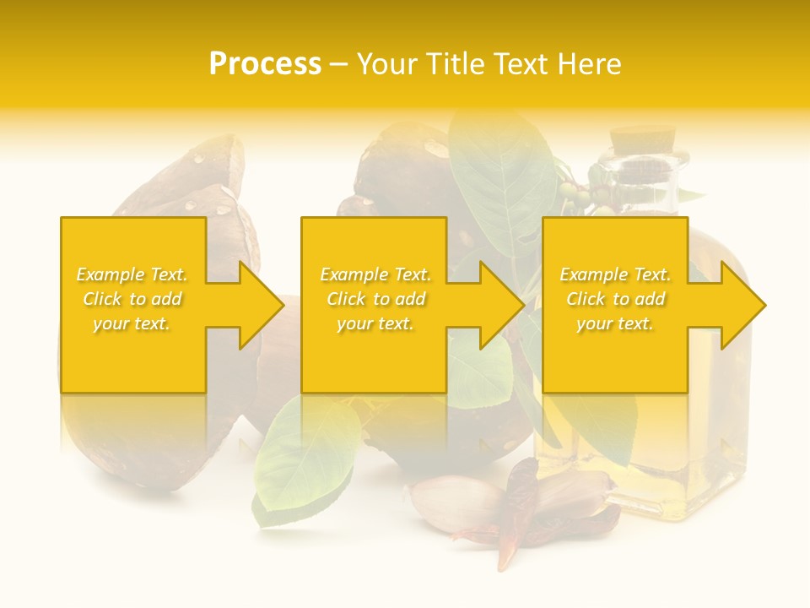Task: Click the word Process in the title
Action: tap(265, 64)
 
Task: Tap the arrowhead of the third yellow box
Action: tap(743, 305)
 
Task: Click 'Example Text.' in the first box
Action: tap(132, 274)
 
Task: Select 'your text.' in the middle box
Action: tap(375, 323)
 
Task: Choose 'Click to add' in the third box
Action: tap(615, 299)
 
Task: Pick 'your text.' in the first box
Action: tap(132, 323)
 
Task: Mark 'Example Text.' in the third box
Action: tap(615, 274)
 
